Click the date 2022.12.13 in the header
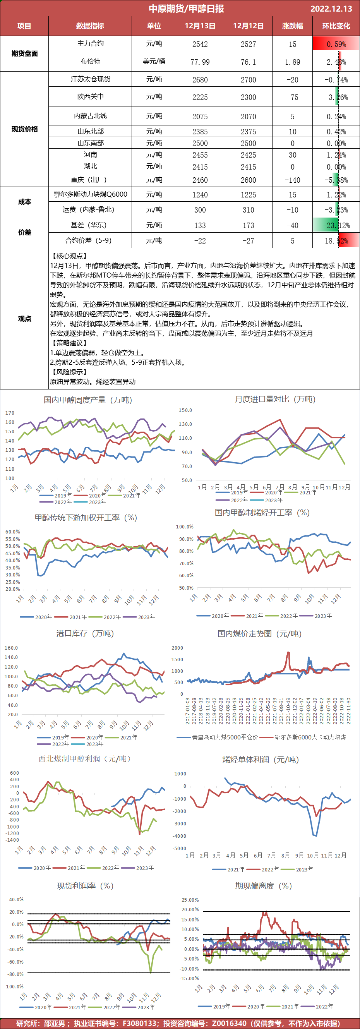(x=331, y=9)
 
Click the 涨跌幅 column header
(x=293, y=26)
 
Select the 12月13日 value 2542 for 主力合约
(x=200, y=44)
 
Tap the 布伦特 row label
(x=90, y=61)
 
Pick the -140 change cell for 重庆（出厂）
(x=293, y=180)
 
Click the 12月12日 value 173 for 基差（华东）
(x=248, y=225)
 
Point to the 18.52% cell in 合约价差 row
(x=336, y=241)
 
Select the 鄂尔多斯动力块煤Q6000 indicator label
(x=90, y=195)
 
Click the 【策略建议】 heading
(x=69, y=343)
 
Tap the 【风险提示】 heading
(x=69, y=372)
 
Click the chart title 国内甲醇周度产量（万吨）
(x=87, y=400)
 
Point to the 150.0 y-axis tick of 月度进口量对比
(x=185, y=410)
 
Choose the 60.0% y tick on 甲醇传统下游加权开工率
(x=12, y=532)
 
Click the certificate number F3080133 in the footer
(x=139, y=1023)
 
